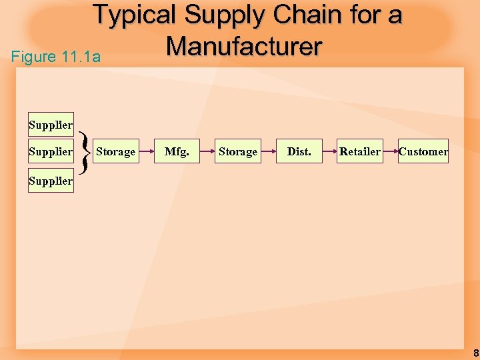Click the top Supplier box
pos(51,125)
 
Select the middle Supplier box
pos(51,152)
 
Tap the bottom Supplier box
pos(51,181)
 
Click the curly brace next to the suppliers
pos(84,152)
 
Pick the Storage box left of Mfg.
pos(115,152)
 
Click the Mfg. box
pos(177,152)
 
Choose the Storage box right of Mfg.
pos(238,152)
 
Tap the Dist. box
pos(299,152)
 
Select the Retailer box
pos(360,152)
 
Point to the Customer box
pos(423,152)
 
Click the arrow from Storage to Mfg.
pos(145,152)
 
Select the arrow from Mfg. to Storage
pos(207,152)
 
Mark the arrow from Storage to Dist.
pos(268,152)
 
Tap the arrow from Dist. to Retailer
pos(329,152)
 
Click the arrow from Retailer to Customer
pos(390,152)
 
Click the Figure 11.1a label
pos(56,57)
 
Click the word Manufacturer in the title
pos(244,47)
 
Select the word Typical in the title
pos(135,15)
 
